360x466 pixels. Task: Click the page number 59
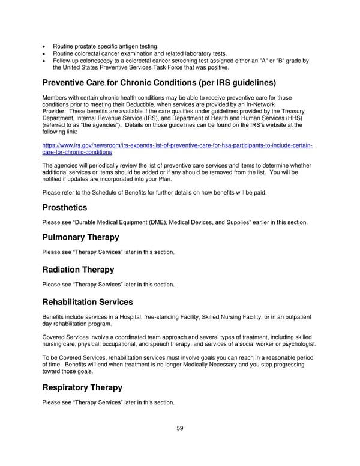179,429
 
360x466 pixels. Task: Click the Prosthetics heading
65,208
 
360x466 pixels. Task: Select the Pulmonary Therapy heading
80,237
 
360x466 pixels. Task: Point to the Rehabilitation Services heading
88,302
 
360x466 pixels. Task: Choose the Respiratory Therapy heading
82,387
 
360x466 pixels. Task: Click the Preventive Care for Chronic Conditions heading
159,82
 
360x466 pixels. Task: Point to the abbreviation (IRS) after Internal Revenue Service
152,119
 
